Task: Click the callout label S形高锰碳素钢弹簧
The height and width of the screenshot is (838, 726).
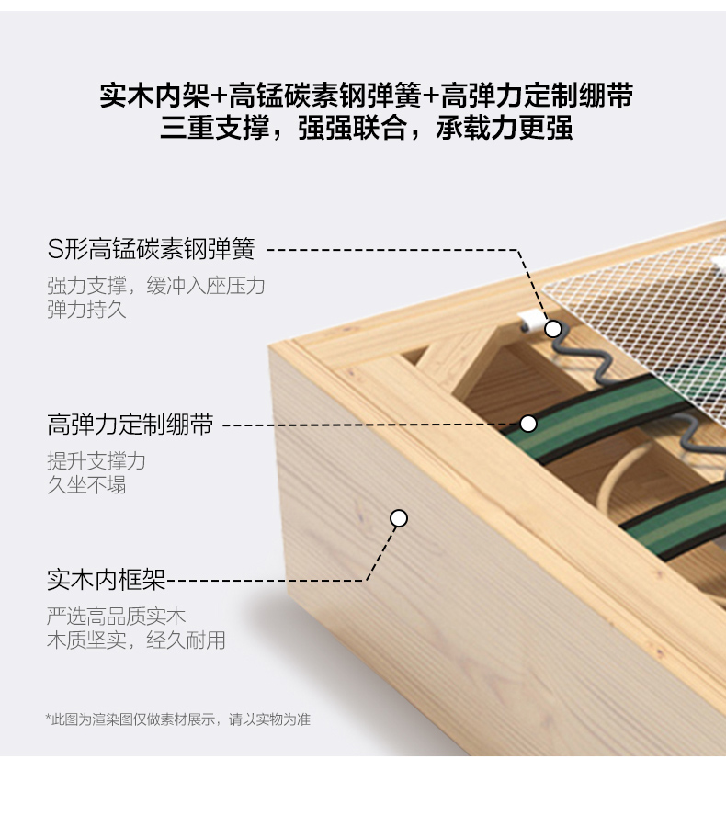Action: coord(152,249)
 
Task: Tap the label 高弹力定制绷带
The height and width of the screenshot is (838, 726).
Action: coord(130,425)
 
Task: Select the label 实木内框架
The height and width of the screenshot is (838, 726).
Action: coord(107,580)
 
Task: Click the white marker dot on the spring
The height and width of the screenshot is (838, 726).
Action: coord(553,329)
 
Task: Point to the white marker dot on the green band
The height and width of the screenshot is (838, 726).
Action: coord(528,424)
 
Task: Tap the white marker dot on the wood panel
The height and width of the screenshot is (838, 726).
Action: coord(399,518)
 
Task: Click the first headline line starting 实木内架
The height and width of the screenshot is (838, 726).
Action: coord(367,96)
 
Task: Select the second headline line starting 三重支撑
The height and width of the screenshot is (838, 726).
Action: coord(366,128)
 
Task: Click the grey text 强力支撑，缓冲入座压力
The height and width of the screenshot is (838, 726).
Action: coord(156,286)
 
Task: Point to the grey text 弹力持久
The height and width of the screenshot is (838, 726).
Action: coord(86,310)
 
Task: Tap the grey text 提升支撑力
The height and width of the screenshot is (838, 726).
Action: coord(96,461)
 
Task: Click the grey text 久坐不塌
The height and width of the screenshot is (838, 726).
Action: coord(86,485)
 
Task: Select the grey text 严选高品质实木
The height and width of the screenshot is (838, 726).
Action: coord(116,617)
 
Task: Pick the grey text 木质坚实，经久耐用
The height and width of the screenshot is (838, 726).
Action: coord(136,640)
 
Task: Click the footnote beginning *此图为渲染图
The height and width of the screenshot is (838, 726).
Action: coord(177,719)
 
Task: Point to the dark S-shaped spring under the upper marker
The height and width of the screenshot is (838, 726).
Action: coord(580,359)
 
